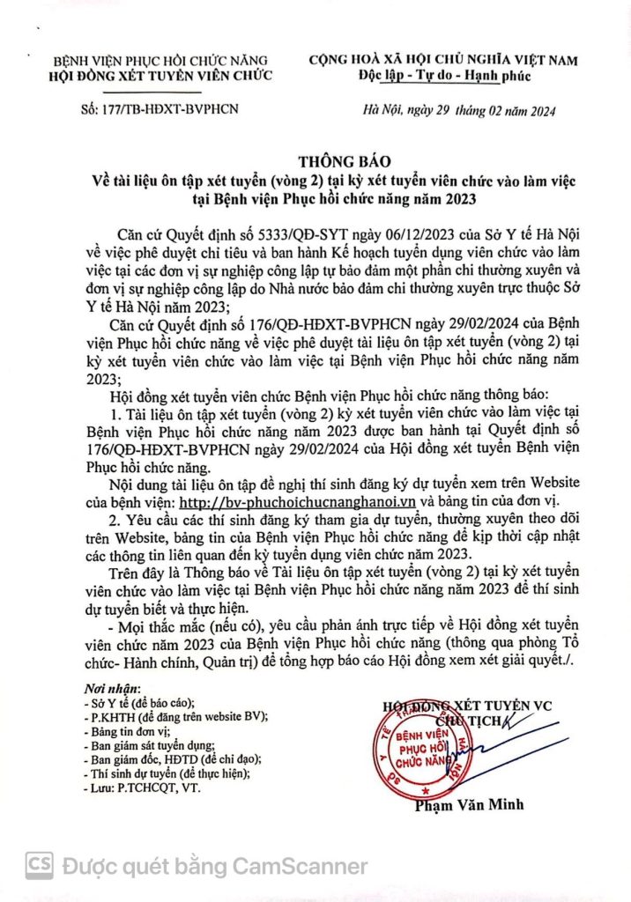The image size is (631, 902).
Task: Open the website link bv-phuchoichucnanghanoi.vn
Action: pos(297,503)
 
